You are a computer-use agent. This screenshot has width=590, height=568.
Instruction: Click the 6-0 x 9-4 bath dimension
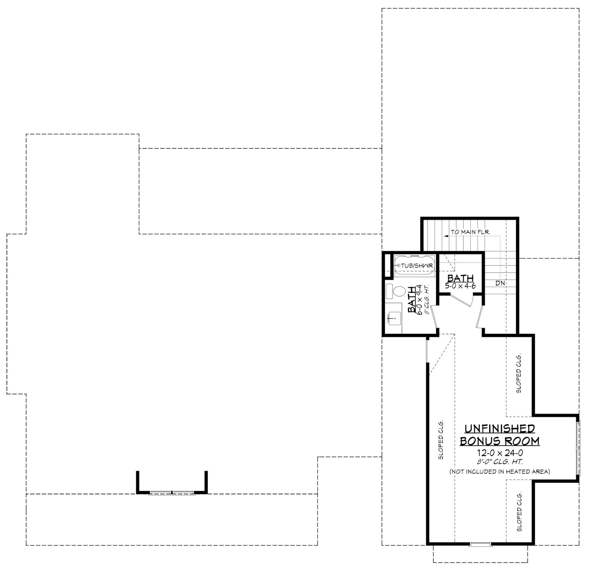[420, 300]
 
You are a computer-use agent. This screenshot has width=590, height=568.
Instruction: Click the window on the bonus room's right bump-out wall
[577, 448]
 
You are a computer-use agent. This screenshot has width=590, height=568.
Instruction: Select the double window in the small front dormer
[172, 493]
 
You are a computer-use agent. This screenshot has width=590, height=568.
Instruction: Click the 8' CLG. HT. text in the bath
[427, 300]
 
